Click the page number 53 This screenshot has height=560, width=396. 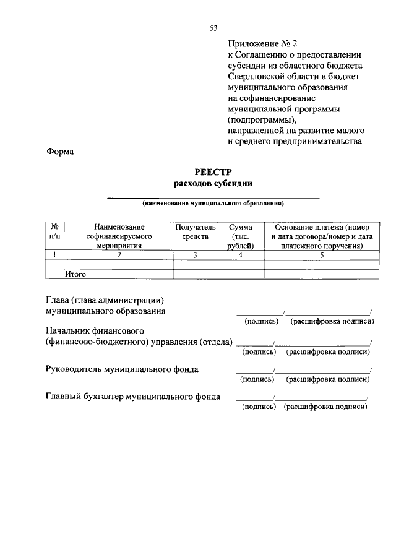coord(213,27)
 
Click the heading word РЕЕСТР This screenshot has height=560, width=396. coord(213,173)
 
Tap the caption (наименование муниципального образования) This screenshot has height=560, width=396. coord(213,202)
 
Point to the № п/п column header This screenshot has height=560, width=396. coord(55,233)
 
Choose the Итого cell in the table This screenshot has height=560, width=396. coord(75,273)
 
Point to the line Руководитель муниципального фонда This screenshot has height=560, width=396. coord(123,369)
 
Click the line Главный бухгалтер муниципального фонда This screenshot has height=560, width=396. coord(134,397)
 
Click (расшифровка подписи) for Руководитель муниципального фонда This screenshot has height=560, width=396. coord(329,379)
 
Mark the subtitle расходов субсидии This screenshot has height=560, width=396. coord(213,184)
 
